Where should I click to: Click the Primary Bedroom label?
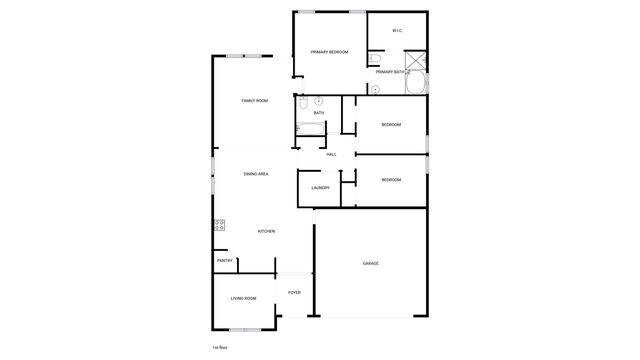point(329,51)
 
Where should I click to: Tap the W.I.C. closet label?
point(397,31)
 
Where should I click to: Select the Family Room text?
point(255,101)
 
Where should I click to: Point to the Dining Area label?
point(256,174)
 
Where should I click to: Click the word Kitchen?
point(266,232)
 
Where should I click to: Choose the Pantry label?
point(225,261)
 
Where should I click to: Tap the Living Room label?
point(244,298)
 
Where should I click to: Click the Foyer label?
point(294,292)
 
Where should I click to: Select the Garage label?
point(370,263)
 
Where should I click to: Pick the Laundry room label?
point(320,188)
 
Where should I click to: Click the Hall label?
point(330,154)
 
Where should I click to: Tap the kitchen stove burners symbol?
point(219,226)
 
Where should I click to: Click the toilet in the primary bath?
point(374,59)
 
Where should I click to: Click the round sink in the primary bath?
point(374,89)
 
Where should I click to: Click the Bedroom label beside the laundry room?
point(391,179)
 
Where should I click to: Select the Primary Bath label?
point(391,72)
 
